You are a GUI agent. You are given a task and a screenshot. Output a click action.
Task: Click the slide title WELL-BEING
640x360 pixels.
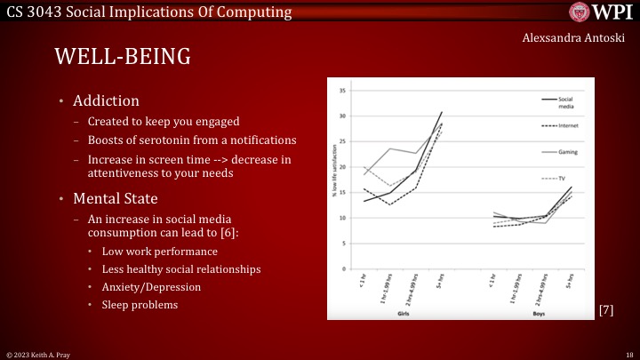click(123, 57)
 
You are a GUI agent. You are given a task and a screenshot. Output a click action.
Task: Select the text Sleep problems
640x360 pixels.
click(140, 305)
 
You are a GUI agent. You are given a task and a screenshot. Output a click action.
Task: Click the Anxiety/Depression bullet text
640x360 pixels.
click(150, 287)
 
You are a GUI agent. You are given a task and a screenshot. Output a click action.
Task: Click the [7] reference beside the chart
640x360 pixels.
click(605, 309)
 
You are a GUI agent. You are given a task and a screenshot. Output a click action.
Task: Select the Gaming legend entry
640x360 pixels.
click(568, 152)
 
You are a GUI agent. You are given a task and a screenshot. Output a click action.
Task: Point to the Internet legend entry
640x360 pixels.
click(568, 126)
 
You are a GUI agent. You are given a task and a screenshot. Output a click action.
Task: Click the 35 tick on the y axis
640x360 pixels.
click(343, 91)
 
